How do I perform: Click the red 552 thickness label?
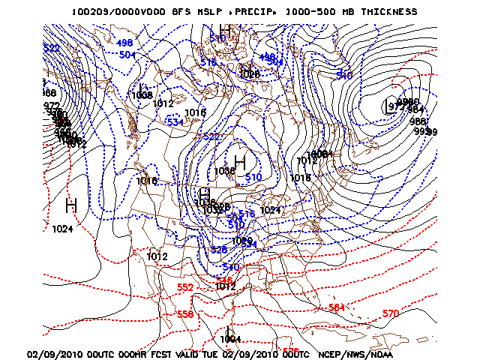pos(185,288)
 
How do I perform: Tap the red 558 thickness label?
pos(185,314)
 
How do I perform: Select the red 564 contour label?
pos(337,307)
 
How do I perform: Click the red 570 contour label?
pos(390,313)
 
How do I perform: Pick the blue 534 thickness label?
pos(175,121)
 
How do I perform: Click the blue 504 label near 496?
pos(127,54)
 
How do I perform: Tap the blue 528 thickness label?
pos(218,250)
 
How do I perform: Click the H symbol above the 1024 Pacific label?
pos(71,204)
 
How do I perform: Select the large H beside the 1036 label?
pos(240,161)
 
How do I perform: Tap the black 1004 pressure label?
pos(230,339)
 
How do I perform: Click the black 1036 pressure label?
pos(224,171)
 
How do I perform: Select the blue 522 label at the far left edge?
pos(51,49)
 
